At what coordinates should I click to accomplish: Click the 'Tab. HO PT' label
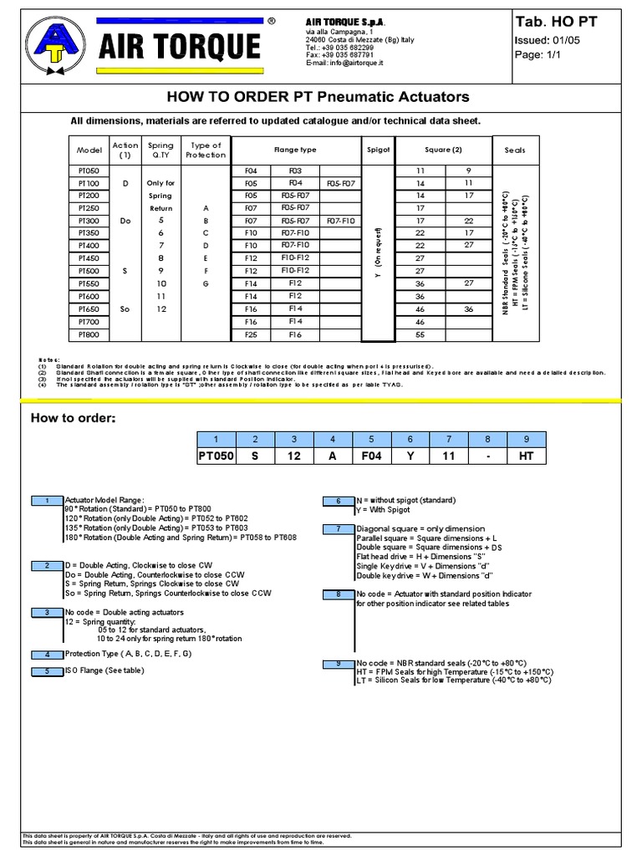pyautogui.click(x=555, y=22)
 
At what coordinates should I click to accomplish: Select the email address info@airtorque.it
pyautogui.click(x=344, y=64)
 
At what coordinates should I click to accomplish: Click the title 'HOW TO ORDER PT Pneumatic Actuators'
pyautogui.click(x=319, y=97)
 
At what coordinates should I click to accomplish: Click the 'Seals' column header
pyautogui.click(x=515, y=150)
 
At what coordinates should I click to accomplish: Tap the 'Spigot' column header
pyautogui.click(x=379, y=150)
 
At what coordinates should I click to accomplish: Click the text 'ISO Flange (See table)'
pyautogui.click(x=105, y=670)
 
